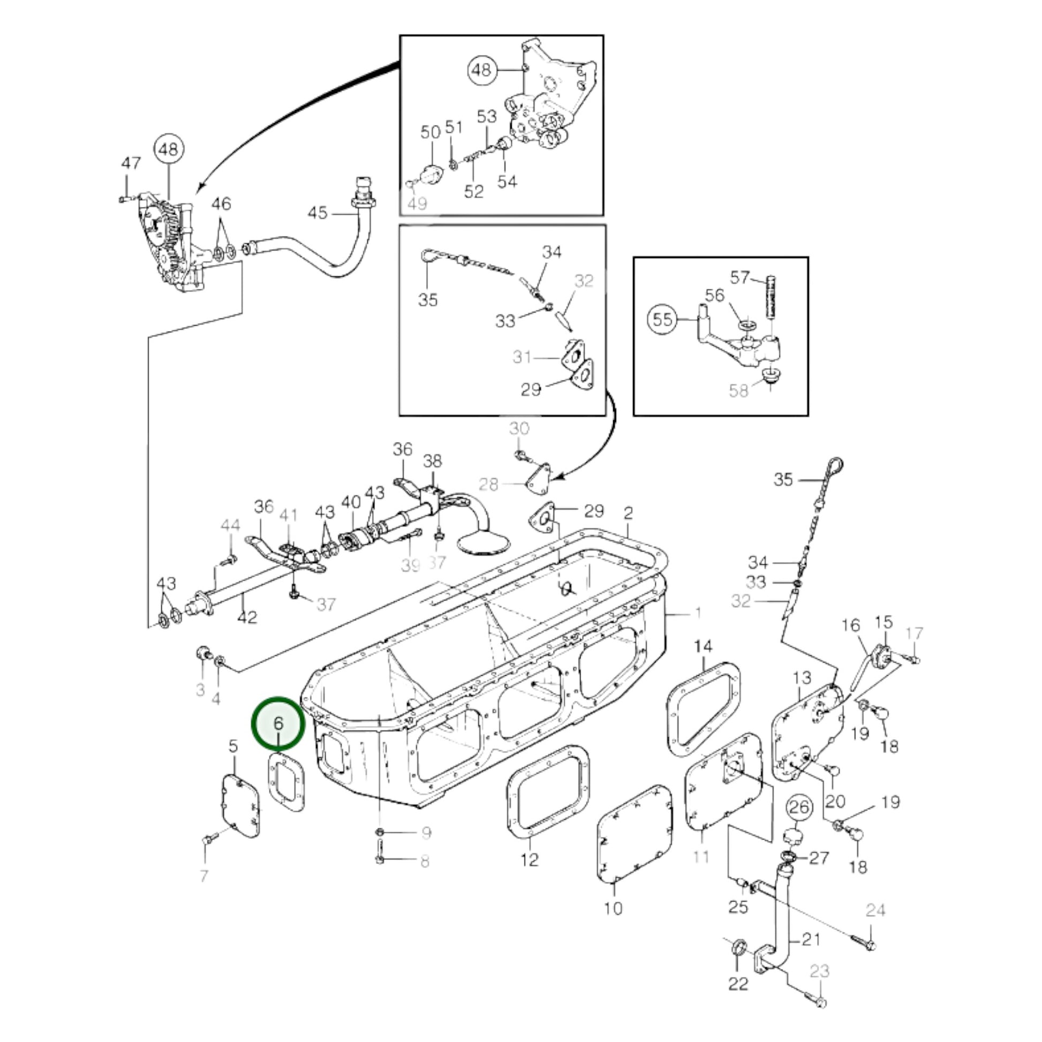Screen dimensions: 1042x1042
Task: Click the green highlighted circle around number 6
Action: tap(278, 723)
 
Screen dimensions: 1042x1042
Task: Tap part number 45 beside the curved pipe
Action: tap(317, 213)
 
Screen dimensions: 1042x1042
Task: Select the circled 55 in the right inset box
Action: tap(662, 319)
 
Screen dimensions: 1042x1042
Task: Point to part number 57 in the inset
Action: tap(740, 277)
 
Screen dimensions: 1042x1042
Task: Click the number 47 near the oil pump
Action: tap(131, 163)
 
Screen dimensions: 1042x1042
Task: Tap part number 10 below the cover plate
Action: tap(613, 908)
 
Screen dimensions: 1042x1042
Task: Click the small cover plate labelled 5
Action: tap(241, 806)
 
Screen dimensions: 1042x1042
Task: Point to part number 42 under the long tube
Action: tap(247, 617)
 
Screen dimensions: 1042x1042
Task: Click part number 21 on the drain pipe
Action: tap(811, 939)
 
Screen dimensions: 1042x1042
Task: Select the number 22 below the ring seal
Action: tap(738, 983)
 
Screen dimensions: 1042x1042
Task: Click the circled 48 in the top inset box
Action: tap(481, 70)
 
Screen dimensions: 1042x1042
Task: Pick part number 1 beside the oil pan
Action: tap(698, 613)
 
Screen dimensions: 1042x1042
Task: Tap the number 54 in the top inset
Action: tap(507, 181)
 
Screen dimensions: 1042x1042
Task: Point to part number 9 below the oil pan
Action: tap(426, 833)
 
